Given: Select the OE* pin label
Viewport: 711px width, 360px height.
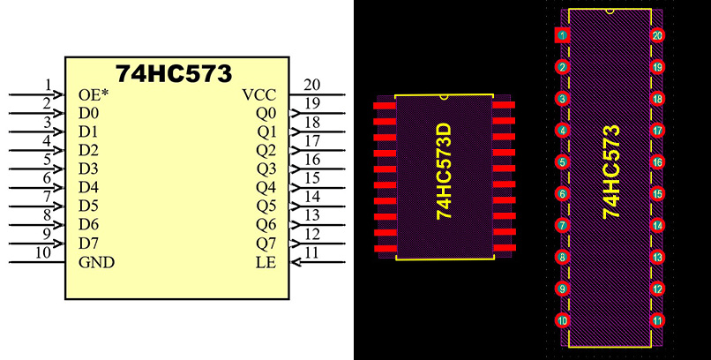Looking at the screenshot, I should pos(93,94).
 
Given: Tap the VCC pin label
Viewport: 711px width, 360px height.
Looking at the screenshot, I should pos(260,94).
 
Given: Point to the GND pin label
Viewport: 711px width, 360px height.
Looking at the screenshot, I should pos(96,262).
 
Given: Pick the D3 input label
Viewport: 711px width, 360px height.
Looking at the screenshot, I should pos(88,169).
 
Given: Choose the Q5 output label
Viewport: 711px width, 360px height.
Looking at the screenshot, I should pos(266,206).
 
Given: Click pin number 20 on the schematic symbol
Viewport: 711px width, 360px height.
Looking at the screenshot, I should pos(312,86).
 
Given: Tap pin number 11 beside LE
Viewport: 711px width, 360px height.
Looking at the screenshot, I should pos(311,253).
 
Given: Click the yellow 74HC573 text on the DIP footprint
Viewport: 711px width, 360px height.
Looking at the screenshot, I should pos(610,172).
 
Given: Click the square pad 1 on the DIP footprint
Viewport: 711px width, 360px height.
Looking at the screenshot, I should pos(562,35).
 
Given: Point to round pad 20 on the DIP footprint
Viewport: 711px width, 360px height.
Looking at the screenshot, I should pos(657,35).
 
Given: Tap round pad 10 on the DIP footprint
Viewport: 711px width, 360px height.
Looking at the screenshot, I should pos(562,320).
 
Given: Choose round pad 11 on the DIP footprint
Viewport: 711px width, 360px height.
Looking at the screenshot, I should pos(657,320).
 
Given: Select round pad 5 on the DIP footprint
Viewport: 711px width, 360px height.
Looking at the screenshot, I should pos(562,162).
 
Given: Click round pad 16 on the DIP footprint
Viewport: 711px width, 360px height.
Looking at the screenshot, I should pos(657,162).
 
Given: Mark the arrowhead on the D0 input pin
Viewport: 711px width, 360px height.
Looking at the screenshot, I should pos(59,113).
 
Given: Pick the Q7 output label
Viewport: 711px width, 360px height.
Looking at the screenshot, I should pos(266,243).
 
